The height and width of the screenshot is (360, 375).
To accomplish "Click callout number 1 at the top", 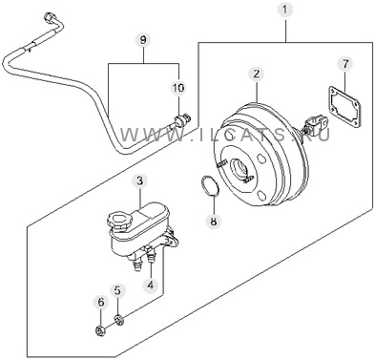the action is click(x=285, y=10).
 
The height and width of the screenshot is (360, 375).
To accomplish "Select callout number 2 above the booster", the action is click(x=257, y=74).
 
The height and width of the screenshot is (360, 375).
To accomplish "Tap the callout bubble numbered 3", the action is click(x=140, y=181).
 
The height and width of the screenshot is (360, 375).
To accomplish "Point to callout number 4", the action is click(x=151, y=285).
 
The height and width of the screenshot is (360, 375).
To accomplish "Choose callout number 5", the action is click(x=117, y=290).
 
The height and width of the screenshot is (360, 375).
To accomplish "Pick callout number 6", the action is click(x=101, y=302).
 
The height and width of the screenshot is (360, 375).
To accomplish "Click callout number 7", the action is click(x=345, y=64).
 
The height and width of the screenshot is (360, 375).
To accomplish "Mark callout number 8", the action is click(x=214, y=221).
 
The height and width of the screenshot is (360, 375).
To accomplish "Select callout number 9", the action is click(x=143, y=40).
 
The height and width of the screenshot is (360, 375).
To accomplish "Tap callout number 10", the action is click(x=178, y=88).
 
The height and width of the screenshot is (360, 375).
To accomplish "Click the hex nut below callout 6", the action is click(x=100, y=331).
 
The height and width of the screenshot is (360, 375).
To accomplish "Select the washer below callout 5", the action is click(x=119, y=319).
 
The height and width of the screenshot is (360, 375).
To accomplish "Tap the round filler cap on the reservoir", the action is click(x=116, y=221).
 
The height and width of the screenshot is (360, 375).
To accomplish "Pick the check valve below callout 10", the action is click(x=182, y=120).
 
